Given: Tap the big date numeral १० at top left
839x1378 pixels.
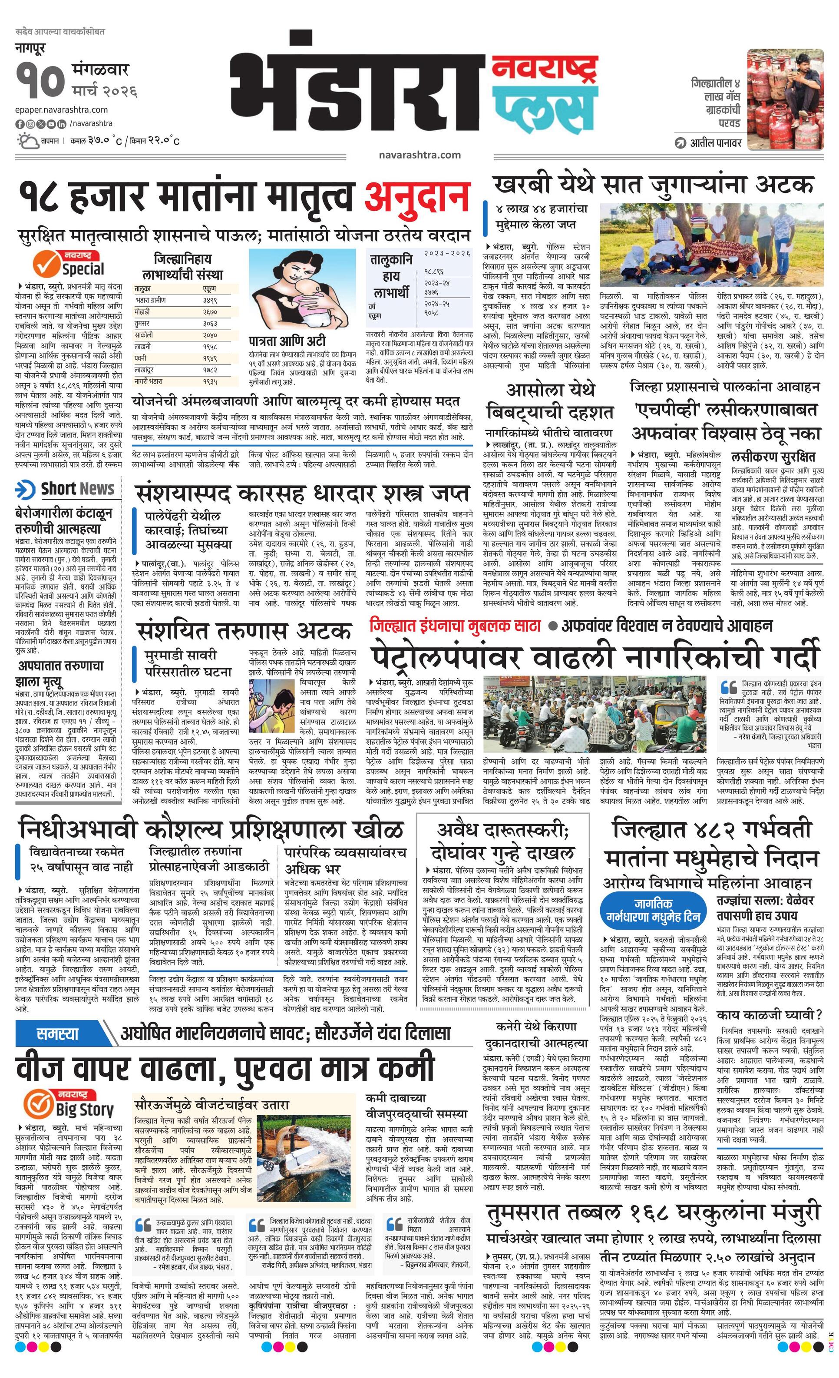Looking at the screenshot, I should coord(40,82).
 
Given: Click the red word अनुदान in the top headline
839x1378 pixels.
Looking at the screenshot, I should coord(416,197).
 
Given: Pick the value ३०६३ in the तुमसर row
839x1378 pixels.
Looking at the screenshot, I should coord(210,323).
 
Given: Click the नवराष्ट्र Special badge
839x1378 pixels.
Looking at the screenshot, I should coord(69,263).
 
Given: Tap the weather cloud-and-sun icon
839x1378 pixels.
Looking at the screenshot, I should coord(27,140).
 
